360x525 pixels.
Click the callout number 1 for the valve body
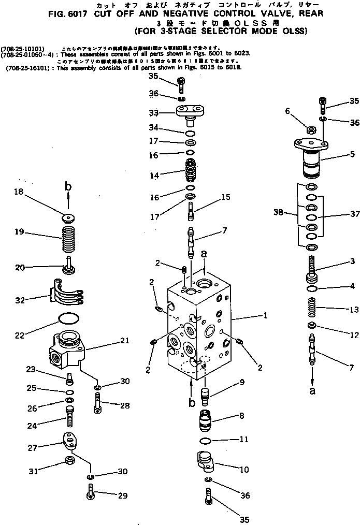[x=265, y=314]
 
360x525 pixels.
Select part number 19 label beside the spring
[x=19, y=232]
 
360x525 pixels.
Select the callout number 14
[x=154, y=176]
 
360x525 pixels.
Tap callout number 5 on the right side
[x=352, y=154]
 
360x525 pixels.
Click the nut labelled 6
[x=312, y=129]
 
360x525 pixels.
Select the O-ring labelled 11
[x=206, y=441]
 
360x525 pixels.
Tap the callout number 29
[x=122, y=496]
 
